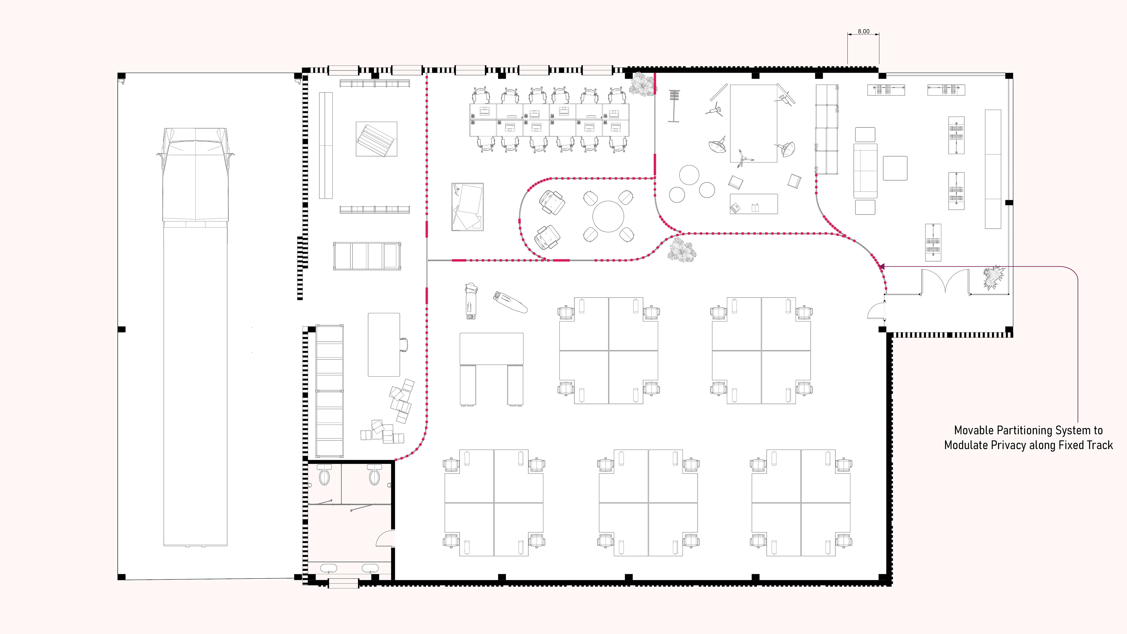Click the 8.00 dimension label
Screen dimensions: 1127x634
point(863,31)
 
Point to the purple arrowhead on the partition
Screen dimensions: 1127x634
point(882,267)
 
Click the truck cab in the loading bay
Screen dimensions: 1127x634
point(195,175)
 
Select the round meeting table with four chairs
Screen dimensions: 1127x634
point(608,216)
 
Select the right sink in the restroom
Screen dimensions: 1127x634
point(370,569)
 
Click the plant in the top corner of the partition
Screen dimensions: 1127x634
point(642,85)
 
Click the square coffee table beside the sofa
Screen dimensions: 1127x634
point(895,168)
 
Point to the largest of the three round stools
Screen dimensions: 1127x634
point(689,175)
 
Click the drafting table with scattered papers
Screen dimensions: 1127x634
point(468,207)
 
